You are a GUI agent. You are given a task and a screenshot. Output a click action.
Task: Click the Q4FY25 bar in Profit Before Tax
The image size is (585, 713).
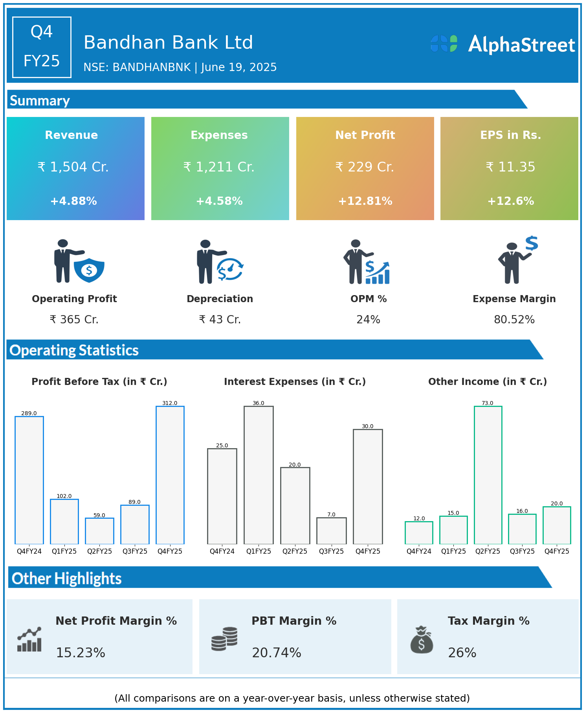170,475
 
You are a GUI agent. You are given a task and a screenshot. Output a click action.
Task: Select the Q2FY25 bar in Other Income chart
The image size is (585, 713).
488,475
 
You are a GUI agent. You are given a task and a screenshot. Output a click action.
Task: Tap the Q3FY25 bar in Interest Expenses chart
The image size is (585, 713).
331,531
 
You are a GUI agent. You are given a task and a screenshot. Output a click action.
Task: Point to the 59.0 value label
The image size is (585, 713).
99,515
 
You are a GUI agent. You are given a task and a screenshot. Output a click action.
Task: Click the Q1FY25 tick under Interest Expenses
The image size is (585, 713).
259,551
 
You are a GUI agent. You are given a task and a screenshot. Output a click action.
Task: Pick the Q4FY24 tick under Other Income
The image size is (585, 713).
419,551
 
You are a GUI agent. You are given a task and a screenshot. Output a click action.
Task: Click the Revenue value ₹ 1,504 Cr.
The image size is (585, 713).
73,167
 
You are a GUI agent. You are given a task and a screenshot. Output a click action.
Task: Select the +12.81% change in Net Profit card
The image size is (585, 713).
365,201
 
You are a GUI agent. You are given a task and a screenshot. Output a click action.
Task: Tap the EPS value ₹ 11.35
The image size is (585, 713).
510,167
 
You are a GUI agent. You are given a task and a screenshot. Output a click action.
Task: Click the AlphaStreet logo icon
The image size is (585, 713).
444,44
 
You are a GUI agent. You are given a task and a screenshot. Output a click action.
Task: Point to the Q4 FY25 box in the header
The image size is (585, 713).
42,47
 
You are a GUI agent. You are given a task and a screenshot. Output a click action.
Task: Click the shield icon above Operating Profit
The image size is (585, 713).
89,270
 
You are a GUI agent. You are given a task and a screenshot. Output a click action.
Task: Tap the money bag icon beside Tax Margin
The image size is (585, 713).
422,640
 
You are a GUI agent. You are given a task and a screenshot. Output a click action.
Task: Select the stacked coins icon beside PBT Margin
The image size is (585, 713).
224,639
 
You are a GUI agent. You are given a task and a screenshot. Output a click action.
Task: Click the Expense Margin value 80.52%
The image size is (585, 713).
514,320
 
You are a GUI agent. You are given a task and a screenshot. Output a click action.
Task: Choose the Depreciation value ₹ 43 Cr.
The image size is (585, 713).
220,320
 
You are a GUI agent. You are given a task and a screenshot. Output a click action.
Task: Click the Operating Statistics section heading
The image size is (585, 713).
74,350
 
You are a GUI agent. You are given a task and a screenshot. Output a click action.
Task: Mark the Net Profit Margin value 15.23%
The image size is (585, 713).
81,653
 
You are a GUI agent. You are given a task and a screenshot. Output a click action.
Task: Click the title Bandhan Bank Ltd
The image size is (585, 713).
168,42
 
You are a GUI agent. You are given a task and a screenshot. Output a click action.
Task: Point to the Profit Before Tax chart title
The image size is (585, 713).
99,382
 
